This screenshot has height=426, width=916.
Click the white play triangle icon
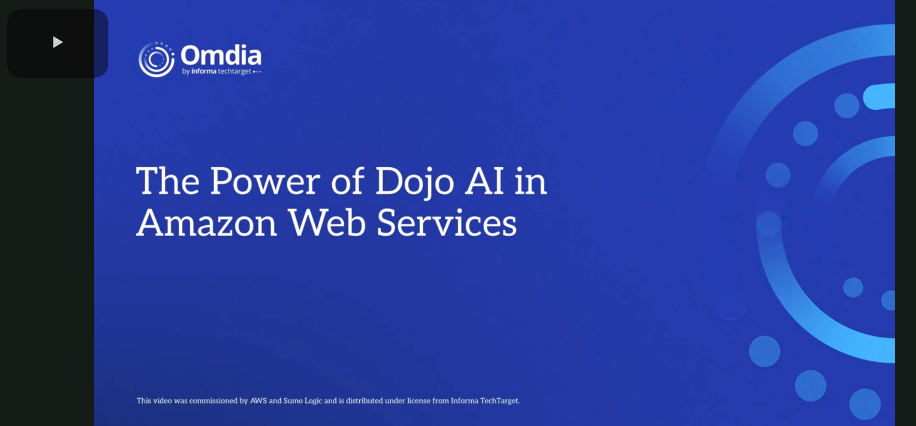(x=58, y=42)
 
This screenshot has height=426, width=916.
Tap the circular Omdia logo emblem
(x=156, y=60)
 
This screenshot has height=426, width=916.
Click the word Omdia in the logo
(x=221, y=55)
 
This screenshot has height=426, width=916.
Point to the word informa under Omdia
(x=204, y=71)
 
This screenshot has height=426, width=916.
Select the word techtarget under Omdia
(x=234, y=71)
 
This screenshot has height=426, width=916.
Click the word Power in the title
(x=265, y=181)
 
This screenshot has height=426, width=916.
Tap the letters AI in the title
(x=484, y=181)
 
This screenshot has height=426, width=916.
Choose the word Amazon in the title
(x=206, y=223)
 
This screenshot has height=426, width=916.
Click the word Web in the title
(x=327, y=223)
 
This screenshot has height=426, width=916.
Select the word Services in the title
(x=446, y=223)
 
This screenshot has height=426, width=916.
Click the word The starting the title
(x=167, y=181)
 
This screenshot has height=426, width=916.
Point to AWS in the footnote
(x=258, y=401)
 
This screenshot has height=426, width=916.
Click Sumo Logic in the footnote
(x=303, y=401)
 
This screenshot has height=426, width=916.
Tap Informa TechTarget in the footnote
(x=485, y=401)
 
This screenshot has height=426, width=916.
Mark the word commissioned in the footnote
(x=213, y=401)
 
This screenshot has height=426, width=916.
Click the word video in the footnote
(x=162, y=401)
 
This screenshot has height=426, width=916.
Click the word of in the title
(x=348, y=181)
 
